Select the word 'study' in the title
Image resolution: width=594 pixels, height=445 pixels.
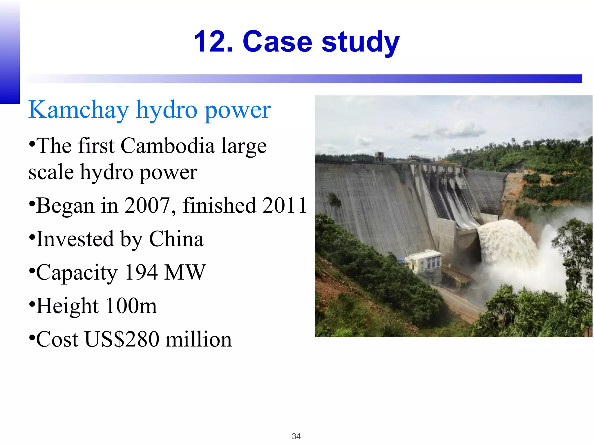point(361,43)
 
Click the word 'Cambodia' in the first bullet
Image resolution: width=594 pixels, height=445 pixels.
point(167,146)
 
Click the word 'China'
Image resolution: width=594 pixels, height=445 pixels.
point(176,239)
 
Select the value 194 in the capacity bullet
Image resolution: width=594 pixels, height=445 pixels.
point(141,273)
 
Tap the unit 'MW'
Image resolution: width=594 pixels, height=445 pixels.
point(185,273)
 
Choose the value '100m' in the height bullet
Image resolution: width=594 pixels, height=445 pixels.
point(131,306)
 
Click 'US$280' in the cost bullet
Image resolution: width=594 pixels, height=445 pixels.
point(122,340)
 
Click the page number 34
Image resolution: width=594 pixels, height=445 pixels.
point(296,436)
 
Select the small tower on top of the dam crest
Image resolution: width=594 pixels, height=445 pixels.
point(379,156)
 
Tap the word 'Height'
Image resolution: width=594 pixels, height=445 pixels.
point(68,306)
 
